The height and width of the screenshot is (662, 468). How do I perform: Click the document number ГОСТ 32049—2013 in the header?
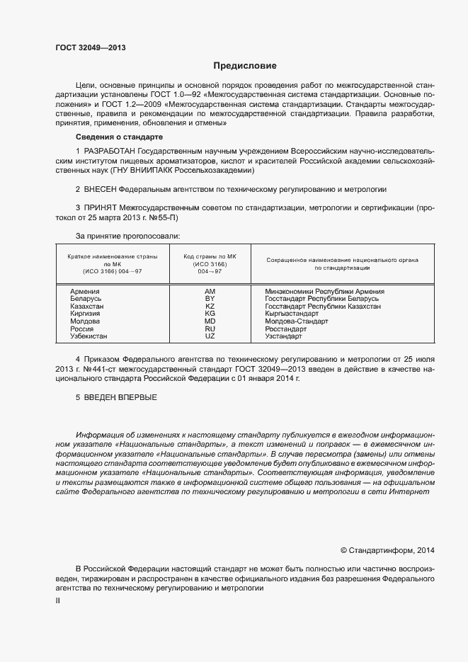click(90, 49)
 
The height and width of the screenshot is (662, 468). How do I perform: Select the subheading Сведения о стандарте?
click(119, 136)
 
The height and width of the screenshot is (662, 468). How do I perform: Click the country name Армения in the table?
click(84, 292)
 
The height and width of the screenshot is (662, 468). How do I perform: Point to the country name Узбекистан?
click(89, 336)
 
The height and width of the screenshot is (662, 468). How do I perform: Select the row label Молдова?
click(86, 321)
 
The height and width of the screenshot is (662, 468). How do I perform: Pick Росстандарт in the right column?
click(286, 329)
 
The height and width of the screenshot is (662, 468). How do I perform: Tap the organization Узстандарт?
click(285, 336)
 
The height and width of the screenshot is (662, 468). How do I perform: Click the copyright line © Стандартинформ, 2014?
click(387, 549)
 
